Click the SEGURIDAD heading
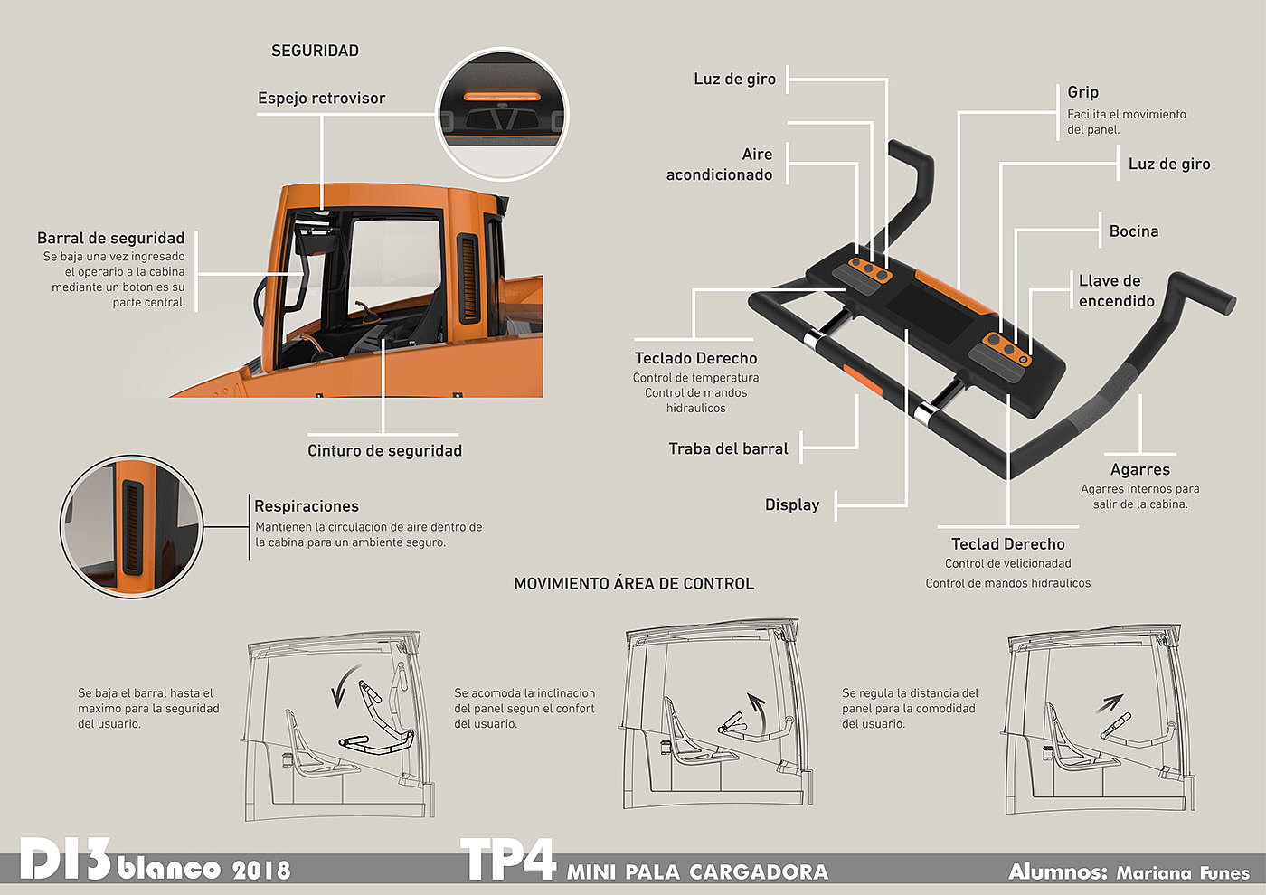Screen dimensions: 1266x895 (315, 52)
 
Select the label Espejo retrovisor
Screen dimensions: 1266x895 (321, 99)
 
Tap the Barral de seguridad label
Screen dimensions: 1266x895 (110, 239)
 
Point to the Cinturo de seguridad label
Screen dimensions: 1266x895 (384, 451)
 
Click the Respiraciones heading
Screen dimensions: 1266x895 (307, 507)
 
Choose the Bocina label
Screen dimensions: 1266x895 (1134, 231)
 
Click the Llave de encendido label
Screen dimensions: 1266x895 (1116, 291)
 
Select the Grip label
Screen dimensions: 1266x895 (1082, 92)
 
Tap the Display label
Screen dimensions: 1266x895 (792, 505)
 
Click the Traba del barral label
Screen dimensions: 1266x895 (728, 449)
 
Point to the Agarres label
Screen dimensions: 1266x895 (1139, 470)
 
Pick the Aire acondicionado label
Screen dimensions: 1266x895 (720, 165)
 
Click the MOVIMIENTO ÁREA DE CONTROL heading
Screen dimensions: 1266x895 (634, 584)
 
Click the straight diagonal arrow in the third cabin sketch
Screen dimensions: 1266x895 (1110, 703)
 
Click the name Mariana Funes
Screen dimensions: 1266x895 (1183, 873)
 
